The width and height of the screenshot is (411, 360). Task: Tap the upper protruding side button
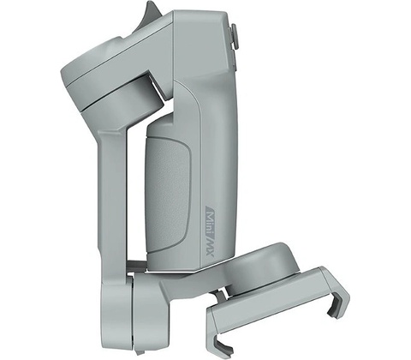point(234,36)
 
